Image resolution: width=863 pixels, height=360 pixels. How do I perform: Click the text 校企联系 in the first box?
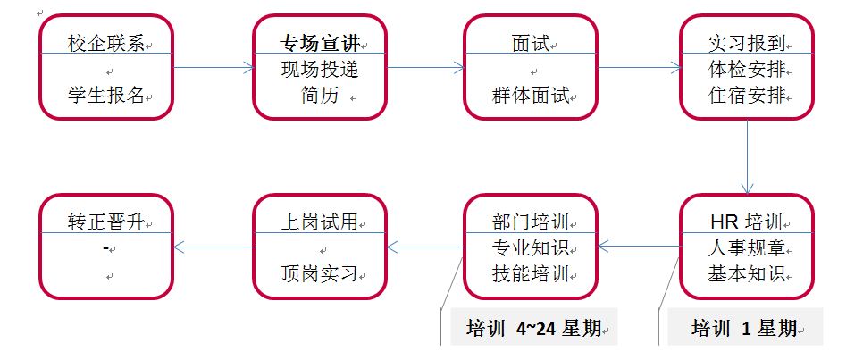pos(105,42)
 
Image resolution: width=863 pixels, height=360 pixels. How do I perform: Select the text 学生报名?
pos(105,95)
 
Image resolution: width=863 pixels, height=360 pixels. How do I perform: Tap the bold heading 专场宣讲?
pos(318,42)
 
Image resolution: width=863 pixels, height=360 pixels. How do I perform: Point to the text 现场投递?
pos(319,69)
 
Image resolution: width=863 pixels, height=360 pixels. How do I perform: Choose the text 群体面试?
pos(530,95)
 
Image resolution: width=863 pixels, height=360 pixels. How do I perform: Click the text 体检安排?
pos(746,69)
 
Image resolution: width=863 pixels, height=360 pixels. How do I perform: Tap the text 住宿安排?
pos(746,96)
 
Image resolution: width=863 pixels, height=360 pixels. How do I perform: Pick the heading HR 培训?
pos(746,221)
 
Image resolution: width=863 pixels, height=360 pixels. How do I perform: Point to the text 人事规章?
pos(746,247)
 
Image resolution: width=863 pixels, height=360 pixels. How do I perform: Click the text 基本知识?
pos(746,273)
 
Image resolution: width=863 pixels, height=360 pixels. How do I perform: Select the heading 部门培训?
pos(530,221)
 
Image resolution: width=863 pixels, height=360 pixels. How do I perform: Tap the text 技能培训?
pos(530,273)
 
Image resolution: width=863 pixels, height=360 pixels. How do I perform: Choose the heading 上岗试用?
pos(318,221)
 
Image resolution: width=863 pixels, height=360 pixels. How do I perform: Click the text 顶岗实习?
pos(319,273)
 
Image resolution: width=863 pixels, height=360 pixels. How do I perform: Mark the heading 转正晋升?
pos(105,221)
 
